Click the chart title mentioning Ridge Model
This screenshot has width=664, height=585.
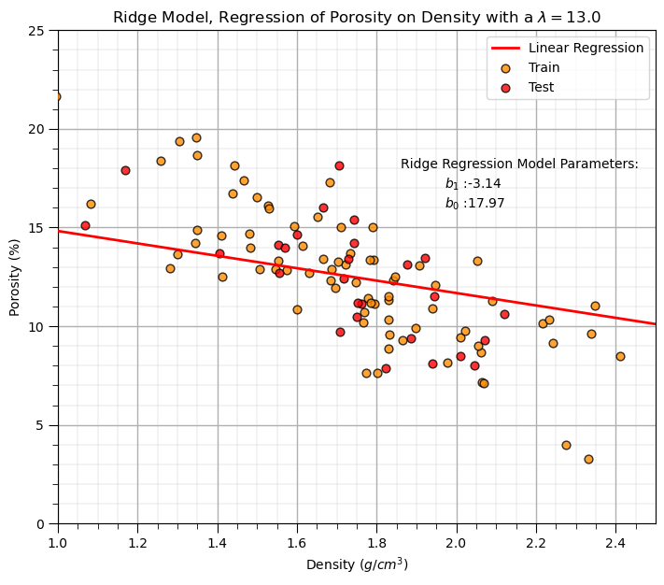click(357, 17)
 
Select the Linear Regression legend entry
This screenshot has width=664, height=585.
click(586, 48)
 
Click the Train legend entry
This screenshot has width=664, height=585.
click(544, 67)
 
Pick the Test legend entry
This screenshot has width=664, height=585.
click(541, 87)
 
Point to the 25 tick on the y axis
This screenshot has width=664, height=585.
click(40, 31)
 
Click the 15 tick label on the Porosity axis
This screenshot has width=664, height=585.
click(40, 228)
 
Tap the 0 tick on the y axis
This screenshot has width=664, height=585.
click(44, 524)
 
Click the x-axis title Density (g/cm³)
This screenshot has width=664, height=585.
click(357, 564)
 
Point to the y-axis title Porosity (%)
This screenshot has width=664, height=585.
click(15, 277)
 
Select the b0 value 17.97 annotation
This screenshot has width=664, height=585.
click(474, 203)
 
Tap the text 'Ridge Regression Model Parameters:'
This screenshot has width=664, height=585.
click(519, 164)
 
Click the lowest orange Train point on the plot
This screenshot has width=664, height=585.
click(588, 459)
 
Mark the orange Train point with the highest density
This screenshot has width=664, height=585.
click(620, 356)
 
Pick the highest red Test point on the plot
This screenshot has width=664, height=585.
click(339, 165)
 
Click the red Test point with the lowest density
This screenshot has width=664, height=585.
click(85, 225)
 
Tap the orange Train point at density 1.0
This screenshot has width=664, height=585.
click(57, 96)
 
